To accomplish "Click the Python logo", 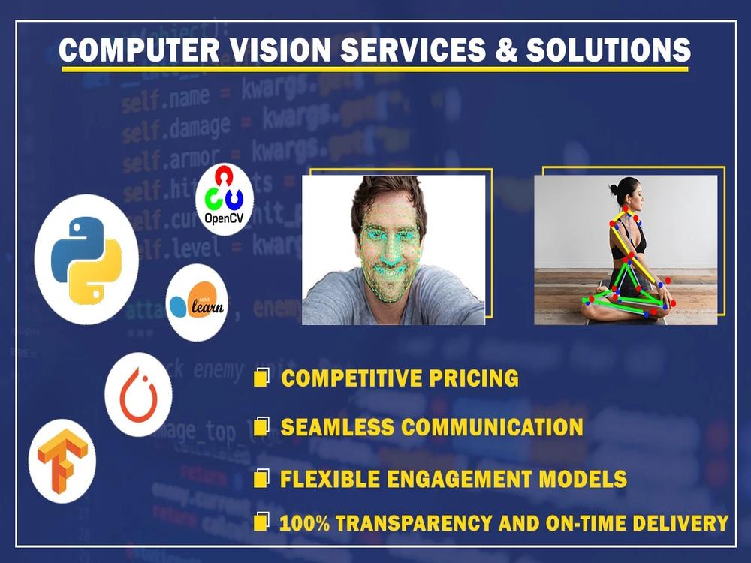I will pos(86,259).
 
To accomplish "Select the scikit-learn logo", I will pos(197,303).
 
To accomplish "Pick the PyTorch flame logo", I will pos(138,395).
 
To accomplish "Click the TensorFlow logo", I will pos(62,461).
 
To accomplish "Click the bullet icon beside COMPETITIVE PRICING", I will pos(261,378).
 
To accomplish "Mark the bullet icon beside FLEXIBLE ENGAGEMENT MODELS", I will pos(261,478).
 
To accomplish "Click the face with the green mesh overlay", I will pos(391,248).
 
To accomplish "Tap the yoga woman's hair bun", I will pos(614,185).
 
